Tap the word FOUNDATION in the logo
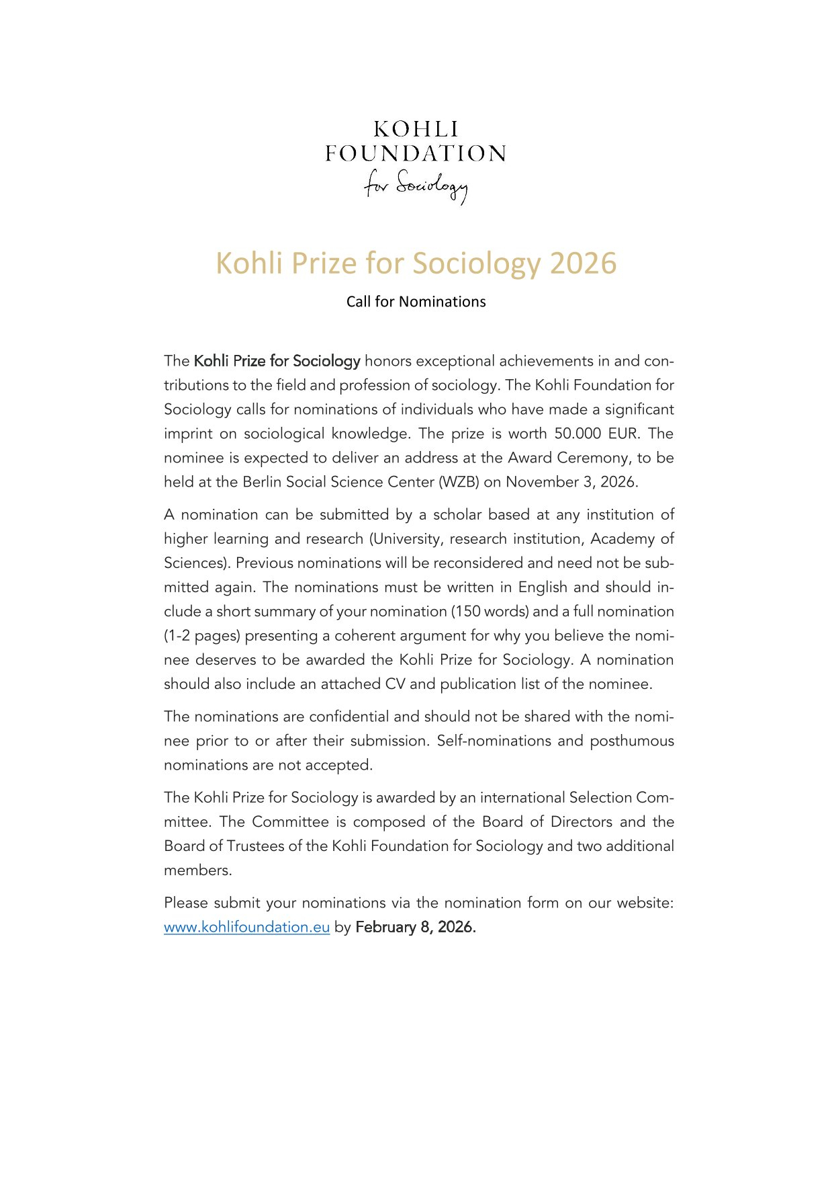pyautogui.click(x=416, y=154)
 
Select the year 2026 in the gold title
pyautogui.click(x=582, y=263)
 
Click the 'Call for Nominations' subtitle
pyautogui.click(x=416, y=302)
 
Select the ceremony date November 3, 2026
pyautogui.click(x=571, y=482)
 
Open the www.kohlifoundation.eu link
pyautogui.click(x=246, y=927)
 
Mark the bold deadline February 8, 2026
pyautogui.click(x=415, y=927)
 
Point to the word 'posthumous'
pyautogui.click(x=631, y=741)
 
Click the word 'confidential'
pyautogui.click(x=349, y=717)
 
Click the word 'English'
pyautogui.click(x=543, y=587)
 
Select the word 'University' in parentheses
pyautogui.click(x=408, y=539)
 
